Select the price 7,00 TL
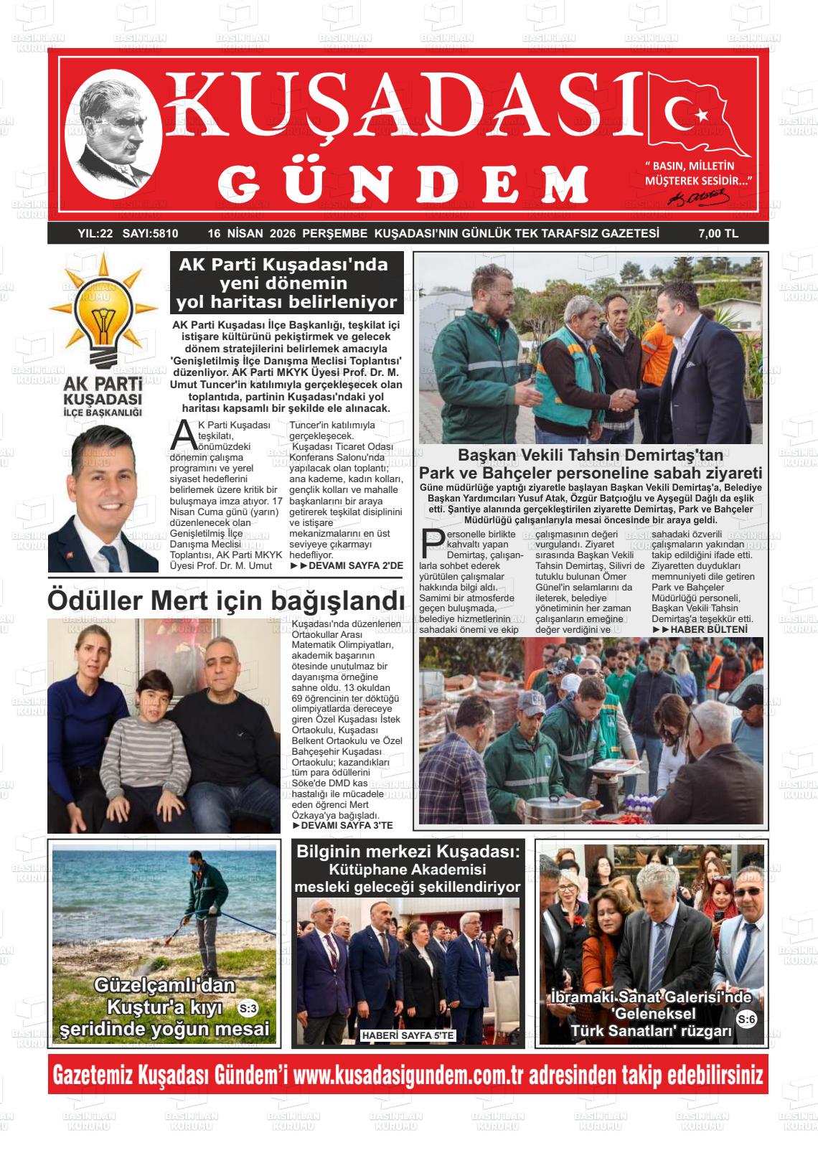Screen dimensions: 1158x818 point(718,233)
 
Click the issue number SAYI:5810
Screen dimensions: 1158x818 point(151,233)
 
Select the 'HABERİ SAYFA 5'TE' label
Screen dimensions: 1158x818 point(408,1035)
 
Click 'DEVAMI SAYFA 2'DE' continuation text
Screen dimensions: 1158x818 point(346,566)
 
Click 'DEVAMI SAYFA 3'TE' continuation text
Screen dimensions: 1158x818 point(342,826)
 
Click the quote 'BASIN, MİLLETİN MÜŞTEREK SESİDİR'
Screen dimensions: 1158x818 point(697,173)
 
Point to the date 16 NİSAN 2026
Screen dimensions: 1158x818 point(251,233)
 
